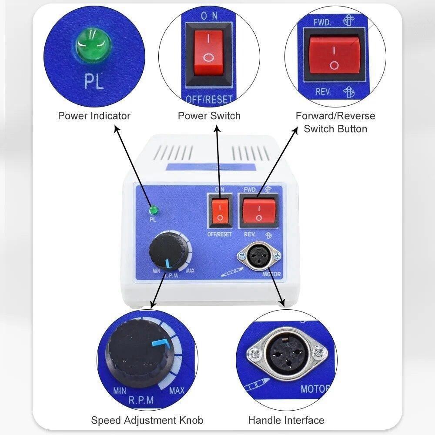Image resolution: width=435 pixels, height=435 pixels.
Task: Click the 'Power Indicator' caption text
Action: click(x=94, y=116)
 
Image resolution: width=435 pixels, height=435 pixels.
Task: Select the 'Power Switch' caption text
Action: click(x=209, y=116)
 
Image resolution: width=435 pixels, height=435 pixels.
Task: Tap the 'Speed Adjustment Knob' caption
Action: click(x=147, y=420)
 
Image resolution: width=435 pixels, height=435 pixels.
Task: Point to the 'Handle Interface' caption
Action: click(x=286, y=420)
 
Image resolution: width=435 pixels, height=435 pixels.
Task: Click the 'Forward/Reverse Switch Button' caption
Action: click(x=335, y=122)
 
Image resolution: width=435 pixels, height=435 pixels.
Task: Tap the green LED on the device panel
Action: click(x=153, y=211)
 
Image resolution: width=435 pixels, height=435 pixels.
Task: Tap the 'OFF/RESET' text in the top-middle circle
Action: click(x=209, y=99)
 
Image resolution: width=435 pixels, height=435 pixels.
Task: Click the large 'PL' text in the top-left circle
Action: click(x=94, y=82)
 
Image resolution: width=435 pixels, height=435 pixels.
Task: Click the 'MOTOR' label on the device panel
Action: click(x=272, y=275)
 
